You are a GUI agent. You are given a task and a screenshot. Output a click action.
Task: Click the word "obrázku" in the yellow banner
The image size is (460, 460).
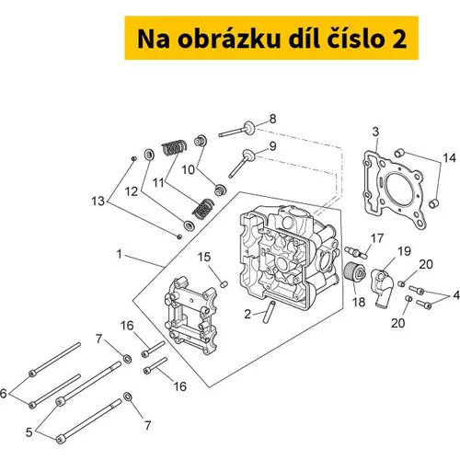tap(229, 39)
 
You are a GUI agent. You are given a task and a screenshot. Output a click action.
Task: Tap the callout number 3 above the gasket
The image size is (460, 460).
tap(375, 132)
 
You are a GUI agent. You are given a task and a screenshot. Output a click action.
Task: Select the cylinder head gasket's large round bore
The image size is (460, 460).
tap(399, 187)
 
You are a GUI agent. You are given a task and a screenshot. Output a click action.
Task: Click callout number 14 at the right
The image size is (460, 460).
tap(449, 158)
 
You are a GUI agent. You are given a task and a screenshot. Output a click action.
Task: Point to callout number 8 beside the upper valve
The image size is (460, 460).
tap(272, 119)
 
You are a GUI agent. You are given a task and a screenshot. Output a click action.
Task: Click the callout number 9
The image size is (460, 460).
tap(272, 146)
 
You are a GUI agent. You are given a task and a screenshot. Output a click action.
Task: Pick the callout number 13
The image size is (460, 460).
tap(98, 201)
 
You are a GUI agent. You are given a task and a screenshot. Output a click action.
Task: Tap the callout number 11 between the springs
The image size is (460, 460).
tap(158, 183)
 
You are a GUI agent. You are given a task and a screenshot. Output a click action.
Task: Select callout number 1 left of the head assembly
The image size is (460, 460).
tap(120, 254)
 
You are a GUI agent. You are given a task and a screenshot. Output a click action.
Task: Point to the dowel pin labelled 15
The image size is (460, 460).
tap(224, 284)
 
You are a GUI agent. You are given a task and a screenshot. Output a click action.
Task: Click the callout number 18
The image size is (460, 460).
tap(359, 302)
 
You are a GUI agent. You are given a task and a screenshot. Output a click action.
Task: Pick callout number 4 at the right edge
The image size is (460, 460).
tap(456, 295)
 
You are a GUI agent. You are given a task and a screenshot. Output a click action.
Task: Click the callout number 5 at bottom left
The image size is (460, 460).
tap(29, 432)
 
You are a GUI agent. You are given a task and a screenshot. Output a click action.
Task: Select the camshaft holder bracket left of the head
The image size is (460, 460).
tap(190, 316)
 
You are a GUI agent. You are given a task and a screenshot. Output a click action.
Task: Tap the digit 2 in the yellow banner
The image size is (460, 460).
tap(398, 39)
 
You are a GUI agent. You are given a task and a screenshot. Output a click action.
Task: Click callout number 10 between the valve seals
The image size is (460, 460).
tap(188, 169)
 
